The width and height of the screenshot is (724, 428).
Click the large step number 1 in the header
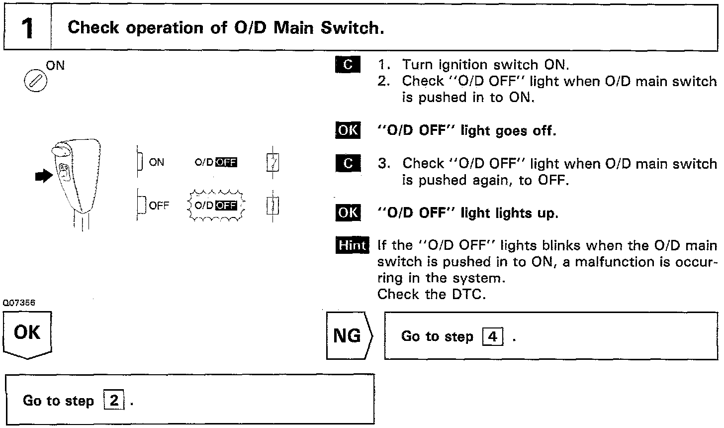28,28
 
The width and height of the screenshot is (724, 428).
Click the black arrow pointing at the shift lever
44,175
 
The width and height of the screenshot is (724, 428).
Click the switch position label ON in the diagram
156,162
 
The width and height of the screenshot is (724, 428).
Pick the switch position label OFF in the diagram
159,206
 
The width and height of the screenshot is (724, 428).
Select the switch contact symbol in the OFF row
273,206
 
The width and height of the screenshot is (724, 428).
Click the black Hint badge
353,245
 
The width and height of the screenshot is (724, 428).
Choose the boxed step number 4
493,337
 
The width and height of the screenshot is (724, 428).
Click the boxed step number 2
114,401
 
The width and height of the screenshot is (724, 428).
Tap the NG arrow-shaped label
349,336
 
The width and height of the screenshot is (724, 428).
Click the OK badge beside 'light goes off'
348,130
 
